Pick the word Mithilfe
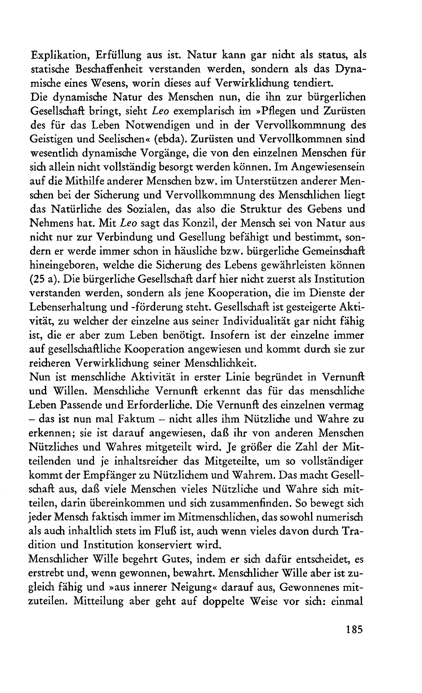click(x=93, y=181)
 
